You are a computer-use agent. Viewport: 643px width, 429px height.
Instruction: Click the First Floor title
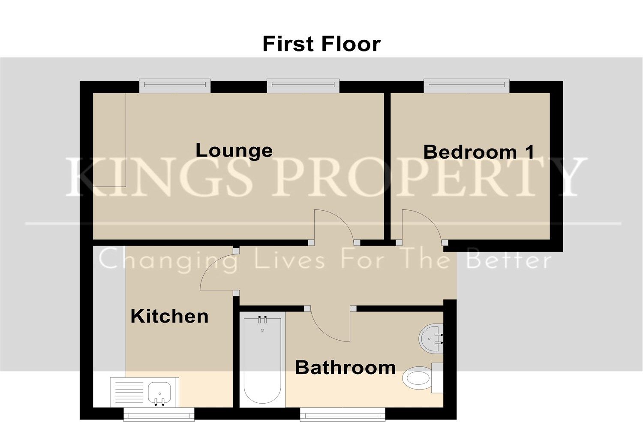coord(321,44)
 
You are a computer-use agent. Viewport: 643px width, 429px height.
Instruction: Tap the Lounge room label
coord(234,150)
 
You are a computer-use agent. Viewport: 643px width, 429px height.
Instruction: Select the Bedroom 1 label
coord(479,152)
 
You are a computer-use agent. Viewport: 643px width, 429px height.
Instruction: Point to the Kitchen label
coord(169,316)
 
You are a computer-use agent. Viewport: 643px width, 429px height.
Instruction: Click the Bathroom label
coord(346,368)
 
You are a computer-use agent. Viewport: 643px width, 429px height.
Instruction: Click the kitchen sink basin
coord(160,392)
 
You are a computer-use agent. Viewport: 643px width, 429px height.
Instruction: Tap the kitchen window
coord(159,415)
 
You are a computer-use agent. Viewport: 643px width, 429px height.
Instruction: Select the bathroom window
coord(343,415)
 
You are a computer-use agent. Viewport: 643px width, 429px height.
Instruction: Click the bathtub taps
coord(262,320)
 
